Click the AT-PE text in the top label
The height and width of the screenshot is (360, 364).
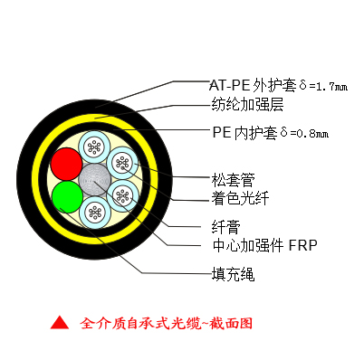(229, 85)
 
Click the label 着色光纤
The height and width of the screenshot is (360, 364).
(230, 195)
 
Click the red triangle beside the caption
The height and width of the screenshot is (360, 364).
(59, 322)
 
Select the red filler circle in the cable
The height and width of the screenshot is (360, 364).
(65, 164)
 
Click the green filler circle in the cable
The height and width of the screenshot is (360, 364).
(65, 195)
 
